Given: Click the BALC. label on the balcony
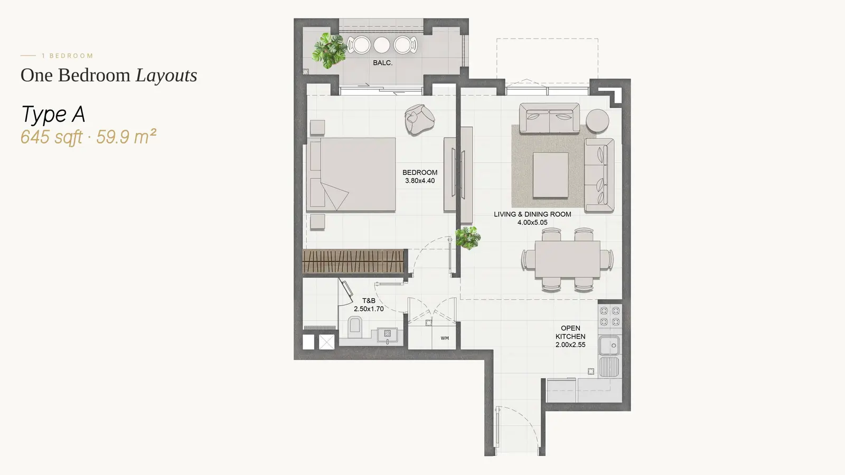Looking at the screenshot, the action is point(382,63).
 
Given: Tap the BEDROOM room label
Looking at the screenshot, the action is point(420,172).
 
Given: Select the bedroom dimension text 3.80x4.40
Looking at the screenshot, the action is point(420,180).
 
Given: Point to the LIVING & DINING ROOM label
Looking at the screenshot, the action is point(532,214).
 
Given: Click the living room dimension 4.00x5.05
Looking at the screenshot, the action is point(532,222).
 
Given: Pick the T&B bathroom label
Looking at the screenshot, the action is point(369,300).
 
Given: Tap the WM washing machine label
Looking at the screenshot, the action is point(445,338).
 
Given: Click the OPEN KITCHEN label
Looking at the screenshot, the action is point(570,332).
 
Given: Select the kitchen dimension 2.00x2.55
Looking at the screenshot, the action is point(570,345).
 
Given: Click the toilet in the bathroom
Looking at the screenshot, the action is point(354,327).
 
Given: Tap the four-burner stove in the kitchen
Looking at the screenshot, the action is point(610,316).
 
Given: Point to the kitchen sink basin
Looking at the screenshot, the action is point(609,345).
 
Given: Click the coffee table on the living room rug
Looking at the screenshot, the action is point(550,175).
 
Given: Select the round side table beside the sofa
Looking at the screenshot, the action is point(597,120).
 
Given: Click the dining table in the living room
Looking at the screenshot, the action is point(567,259).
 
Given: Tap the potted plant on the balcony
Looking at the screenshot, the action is point(329,51).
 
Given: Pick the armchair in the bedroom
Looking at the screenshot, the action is point(419,119).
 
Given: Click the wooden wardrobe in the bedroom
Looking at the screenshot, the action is point(353,261).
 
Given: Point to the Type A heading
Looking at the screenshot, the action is point(53,114).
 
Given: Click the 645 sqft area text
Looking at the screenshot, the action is point(51,137).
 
